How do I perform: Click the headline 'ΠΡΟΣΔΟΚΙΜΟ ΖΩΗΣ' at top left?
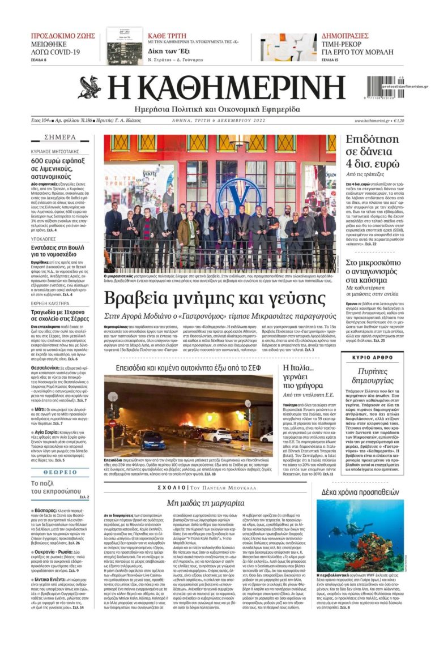coord(63,35)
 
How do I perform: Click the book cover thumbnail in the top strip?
coord(125,46)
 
